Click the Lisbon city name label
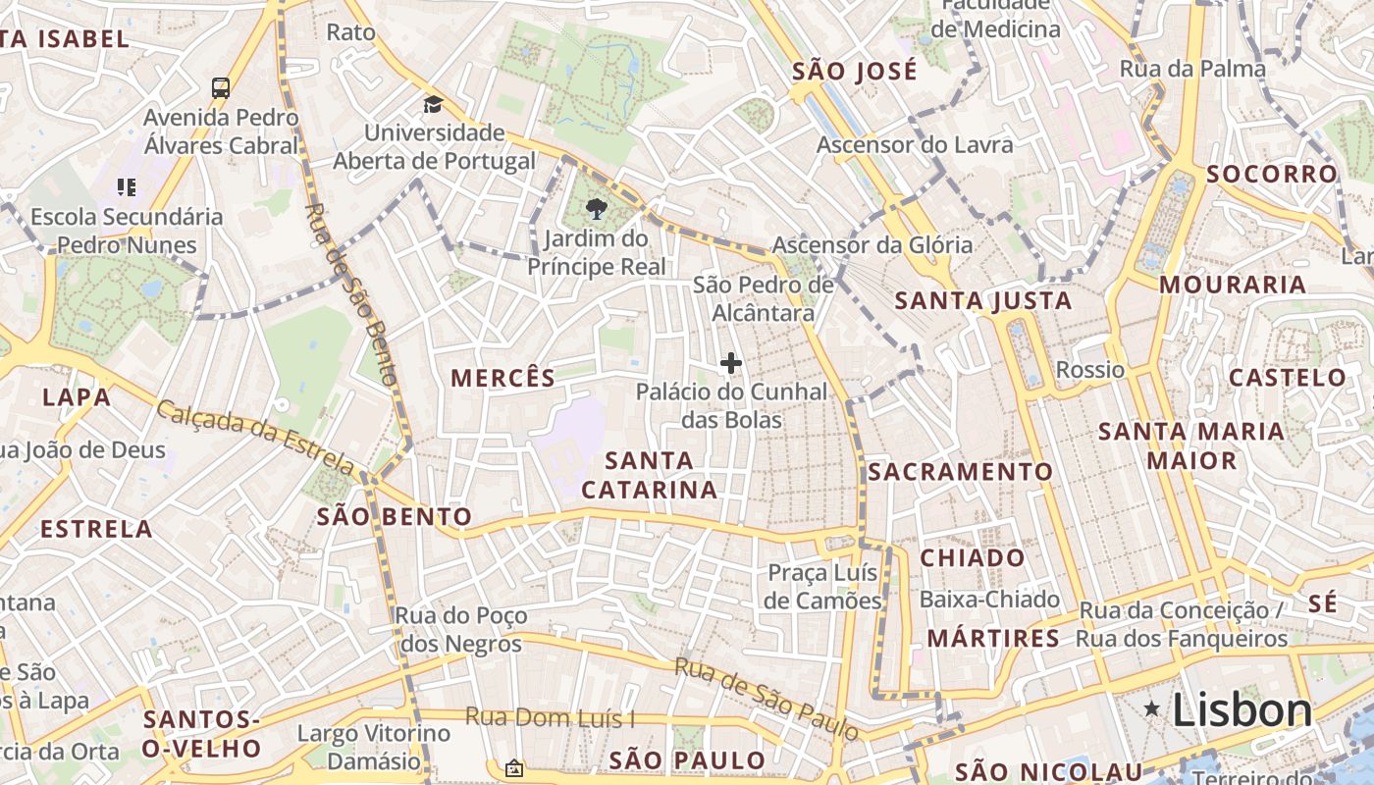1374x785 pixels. (x=1242, y=710)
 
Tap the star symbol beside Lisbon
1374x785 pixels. (x=1152, y=708)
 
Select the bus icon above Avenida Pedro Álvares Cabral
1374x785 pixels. (x=221, y=87)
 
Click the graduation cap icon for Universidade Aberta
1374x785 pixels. (x=433, y=104)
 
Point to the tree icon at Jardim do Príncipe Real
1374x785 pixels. (x=595, y=208)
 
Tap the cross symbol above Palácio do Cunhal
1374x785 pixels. (x=730, y=364)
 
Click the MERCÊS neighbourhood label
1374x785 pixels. (x=502, y=378)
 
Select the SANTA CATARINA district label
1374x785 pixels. (x=649, y=475)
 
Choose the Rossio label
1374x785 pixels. (x=1089, y=370)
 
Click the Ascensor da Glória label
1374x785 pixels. (x=872, y=245)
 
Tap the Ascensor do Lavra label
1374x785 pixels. (x=915, y=145)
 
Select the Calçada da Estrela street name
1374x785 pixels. (x=255, y=436)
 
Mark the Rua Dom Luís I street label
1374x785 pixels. (x=550, y=717)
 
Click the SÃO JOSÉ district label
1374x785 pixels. (x=854, y=71)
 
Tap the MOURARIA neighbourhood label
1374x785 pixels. (x=1233, y=285)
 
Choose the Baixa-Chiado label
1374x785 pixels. (x=989, y=599)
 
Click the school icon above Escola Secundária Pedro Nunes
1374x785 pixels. (x=126, y=186)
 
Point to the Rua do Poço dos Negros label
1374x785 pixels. (x=460, y=630)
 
